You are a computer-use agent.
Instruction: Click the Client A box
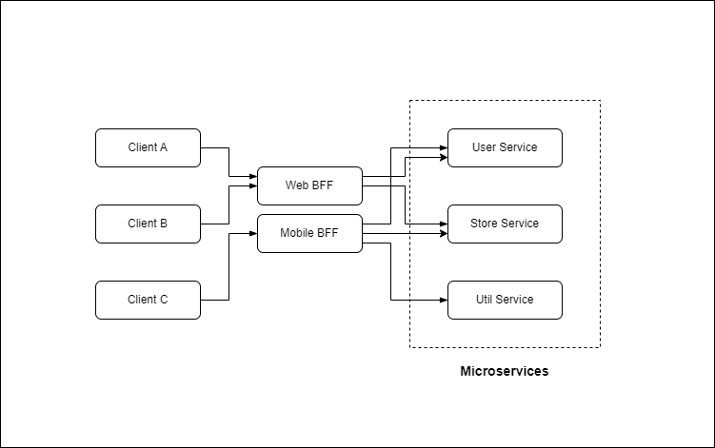click(x=148, y=147)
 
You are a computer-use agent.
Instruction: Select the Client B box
click(x=148, y=224)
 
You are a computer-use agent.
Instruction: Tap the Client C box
click(x=148, y=300)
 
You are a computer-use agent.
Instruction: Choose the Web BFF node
click(x=309, y=185)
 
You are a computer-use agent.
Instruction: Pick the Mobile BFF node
click(x=309, y=233)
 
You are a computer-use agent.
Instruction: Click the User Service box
click(x=505, y=147)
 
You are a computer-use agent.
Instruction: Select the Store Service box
click(x=505, y=224)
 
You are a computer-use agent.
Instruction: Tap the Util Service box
click(x=505, y=300)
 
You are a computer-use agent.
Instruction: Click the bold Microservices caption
click(x=505, y=372)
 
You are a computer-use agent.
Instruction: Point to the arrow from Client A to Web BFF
click(x=229, y=162)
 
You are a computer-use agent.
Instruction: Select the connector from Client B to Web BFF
click(x=229, y=205)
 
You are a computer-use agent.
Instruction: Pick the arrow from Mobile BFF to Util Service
click(x=391, y=276)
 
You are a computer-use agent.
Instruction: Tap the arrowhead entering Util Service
click(x=443, y=300)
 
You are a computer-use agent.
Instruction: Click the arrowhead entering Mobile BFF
click(x=252, y=233)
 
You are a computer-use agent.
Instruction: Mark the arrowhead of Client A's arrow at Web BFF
click(x=252, y=176)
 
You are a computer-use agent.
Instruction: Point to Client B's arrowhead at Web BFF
click(x=252, y=186)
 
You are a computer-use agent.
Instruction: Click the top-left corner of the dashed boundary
click(x=410, y=100)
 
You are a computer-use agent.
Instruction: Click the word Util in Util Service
click(x=486, y=300)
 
